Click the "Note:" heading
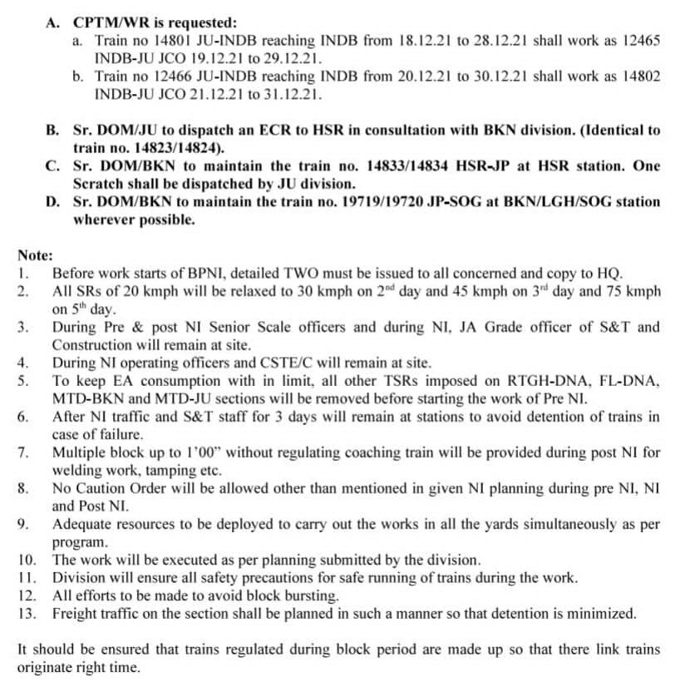pos(35,255)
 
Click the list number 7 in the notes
pos(23,452)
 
